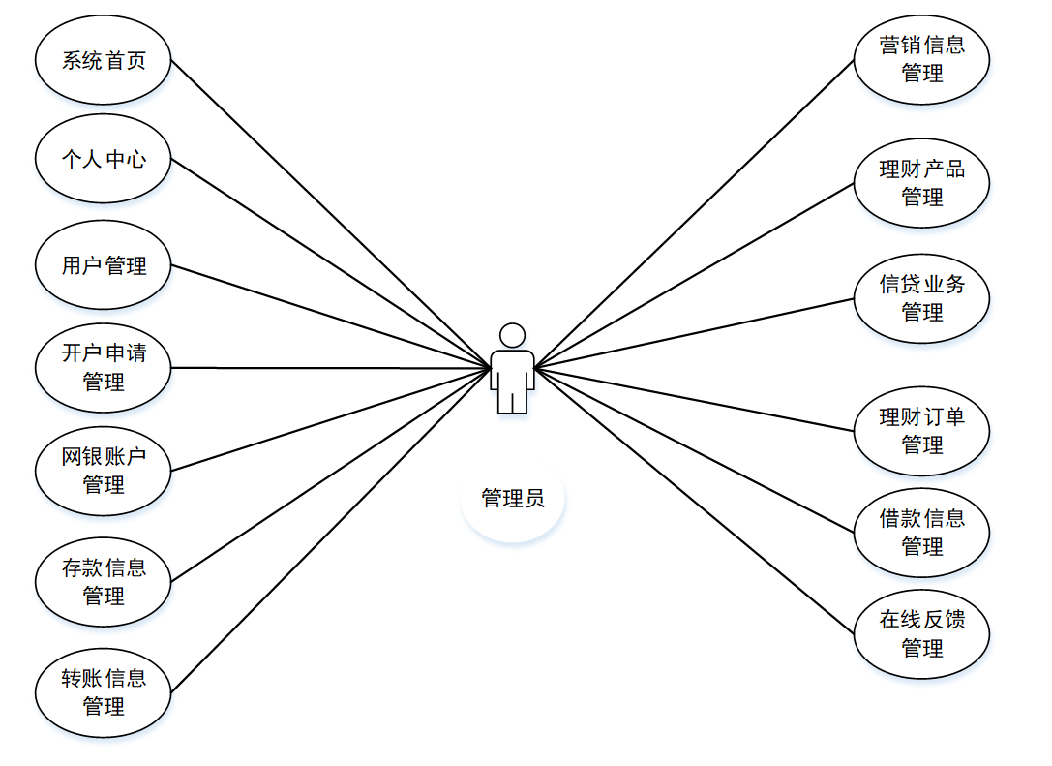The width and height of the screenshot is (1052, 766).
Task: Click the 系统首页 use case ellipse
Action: pos(104,60)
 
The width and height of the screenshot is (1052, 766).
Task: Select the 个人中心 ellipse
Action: pos(104,159)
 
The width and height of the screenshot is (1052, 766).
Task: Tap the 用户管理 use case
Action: pos(104,264)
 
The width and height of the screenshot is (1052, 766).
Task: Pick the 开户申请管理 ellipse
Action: pos(104,367)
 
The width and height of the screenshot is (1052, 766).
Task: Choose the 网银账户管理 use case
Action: pos(104,470)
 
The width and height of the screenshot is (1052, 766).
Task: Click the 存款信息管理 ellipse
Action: pos(104,581)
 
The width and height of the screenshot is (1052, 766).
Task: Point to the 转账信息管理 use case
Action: pos(104,691)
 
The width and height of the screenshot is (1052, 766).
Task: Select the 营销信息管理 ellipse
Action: pos(921,58)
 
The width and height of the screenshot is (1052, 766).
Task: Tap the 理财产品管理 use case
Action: pos(921,182)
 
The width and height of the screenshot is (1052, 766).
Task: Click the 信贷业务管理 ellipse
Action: pos(921,297)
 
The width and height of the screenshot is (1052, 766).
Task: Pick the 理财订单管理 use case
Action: pos(921,430)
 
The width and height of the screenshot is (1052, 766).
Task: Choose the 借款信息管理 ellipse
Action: pos(921,532)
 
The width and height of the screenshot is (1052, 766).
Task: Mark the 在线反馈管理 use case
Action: pos(921,632)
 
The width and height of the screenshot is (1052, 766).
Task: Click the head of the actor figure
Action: pos(512,335)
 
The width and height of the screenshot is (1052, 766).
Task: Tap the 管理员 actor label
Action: pos(513,499)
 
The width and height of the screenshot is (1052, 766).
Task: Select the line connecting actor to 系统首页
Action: pos(329,213)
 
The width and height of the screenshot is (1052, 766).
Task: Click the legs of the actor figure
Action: pos(512,400)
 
